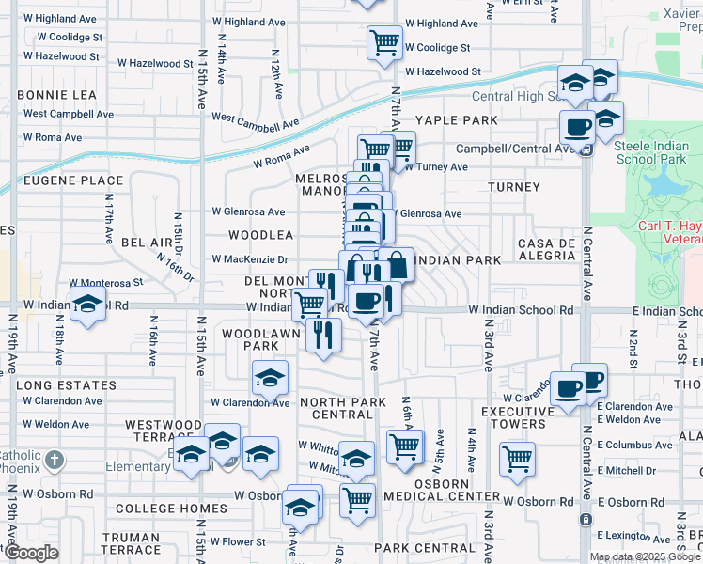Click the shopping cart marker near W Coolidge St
tap(384, 42)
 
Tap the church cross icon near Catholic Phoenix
tap(55, 460)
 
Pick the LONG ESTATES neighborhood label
tap(66, 385)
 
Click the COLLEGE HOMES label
tap(171, 509)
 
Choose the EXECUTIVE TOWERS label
tap(525, 418)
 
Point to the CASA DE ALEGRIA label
tap(545, 250)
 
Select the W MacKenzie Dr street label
tap(249, 259)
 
